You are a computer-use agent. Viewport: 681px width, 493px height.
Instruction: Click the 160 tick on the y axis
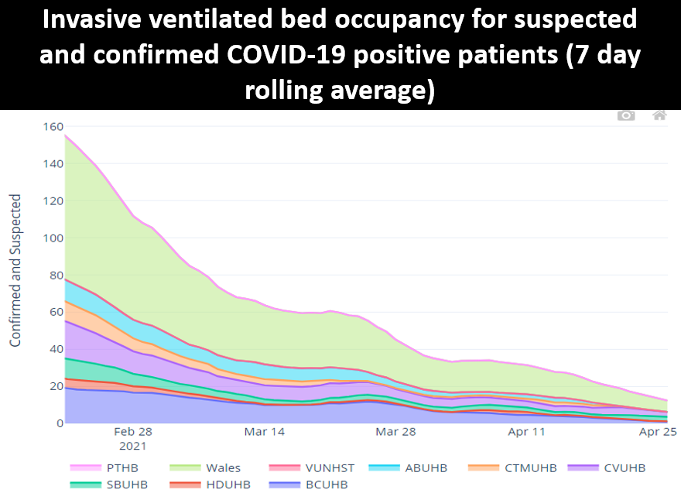click(x=51, y=127)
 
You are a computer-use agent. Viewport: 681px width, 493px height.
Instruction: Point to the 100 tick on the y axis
click(x=51, y=238)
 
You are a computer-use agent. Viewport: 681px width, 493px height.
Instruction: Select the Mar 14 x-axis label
click(x=265, y=432)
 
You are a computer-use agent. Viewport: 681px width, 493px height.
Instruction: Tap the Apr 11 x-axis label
click(x=527, y=432)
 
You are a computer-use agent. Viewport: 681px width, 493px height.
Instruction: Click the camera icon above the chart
click(x=626, y=115)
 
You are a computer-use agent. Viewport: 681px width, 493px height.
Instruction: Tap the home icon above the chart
click(x=659, y=115)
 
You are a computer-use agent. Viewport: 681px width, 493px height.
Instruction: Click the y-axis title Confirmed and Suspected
click(x=15, y=270)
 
